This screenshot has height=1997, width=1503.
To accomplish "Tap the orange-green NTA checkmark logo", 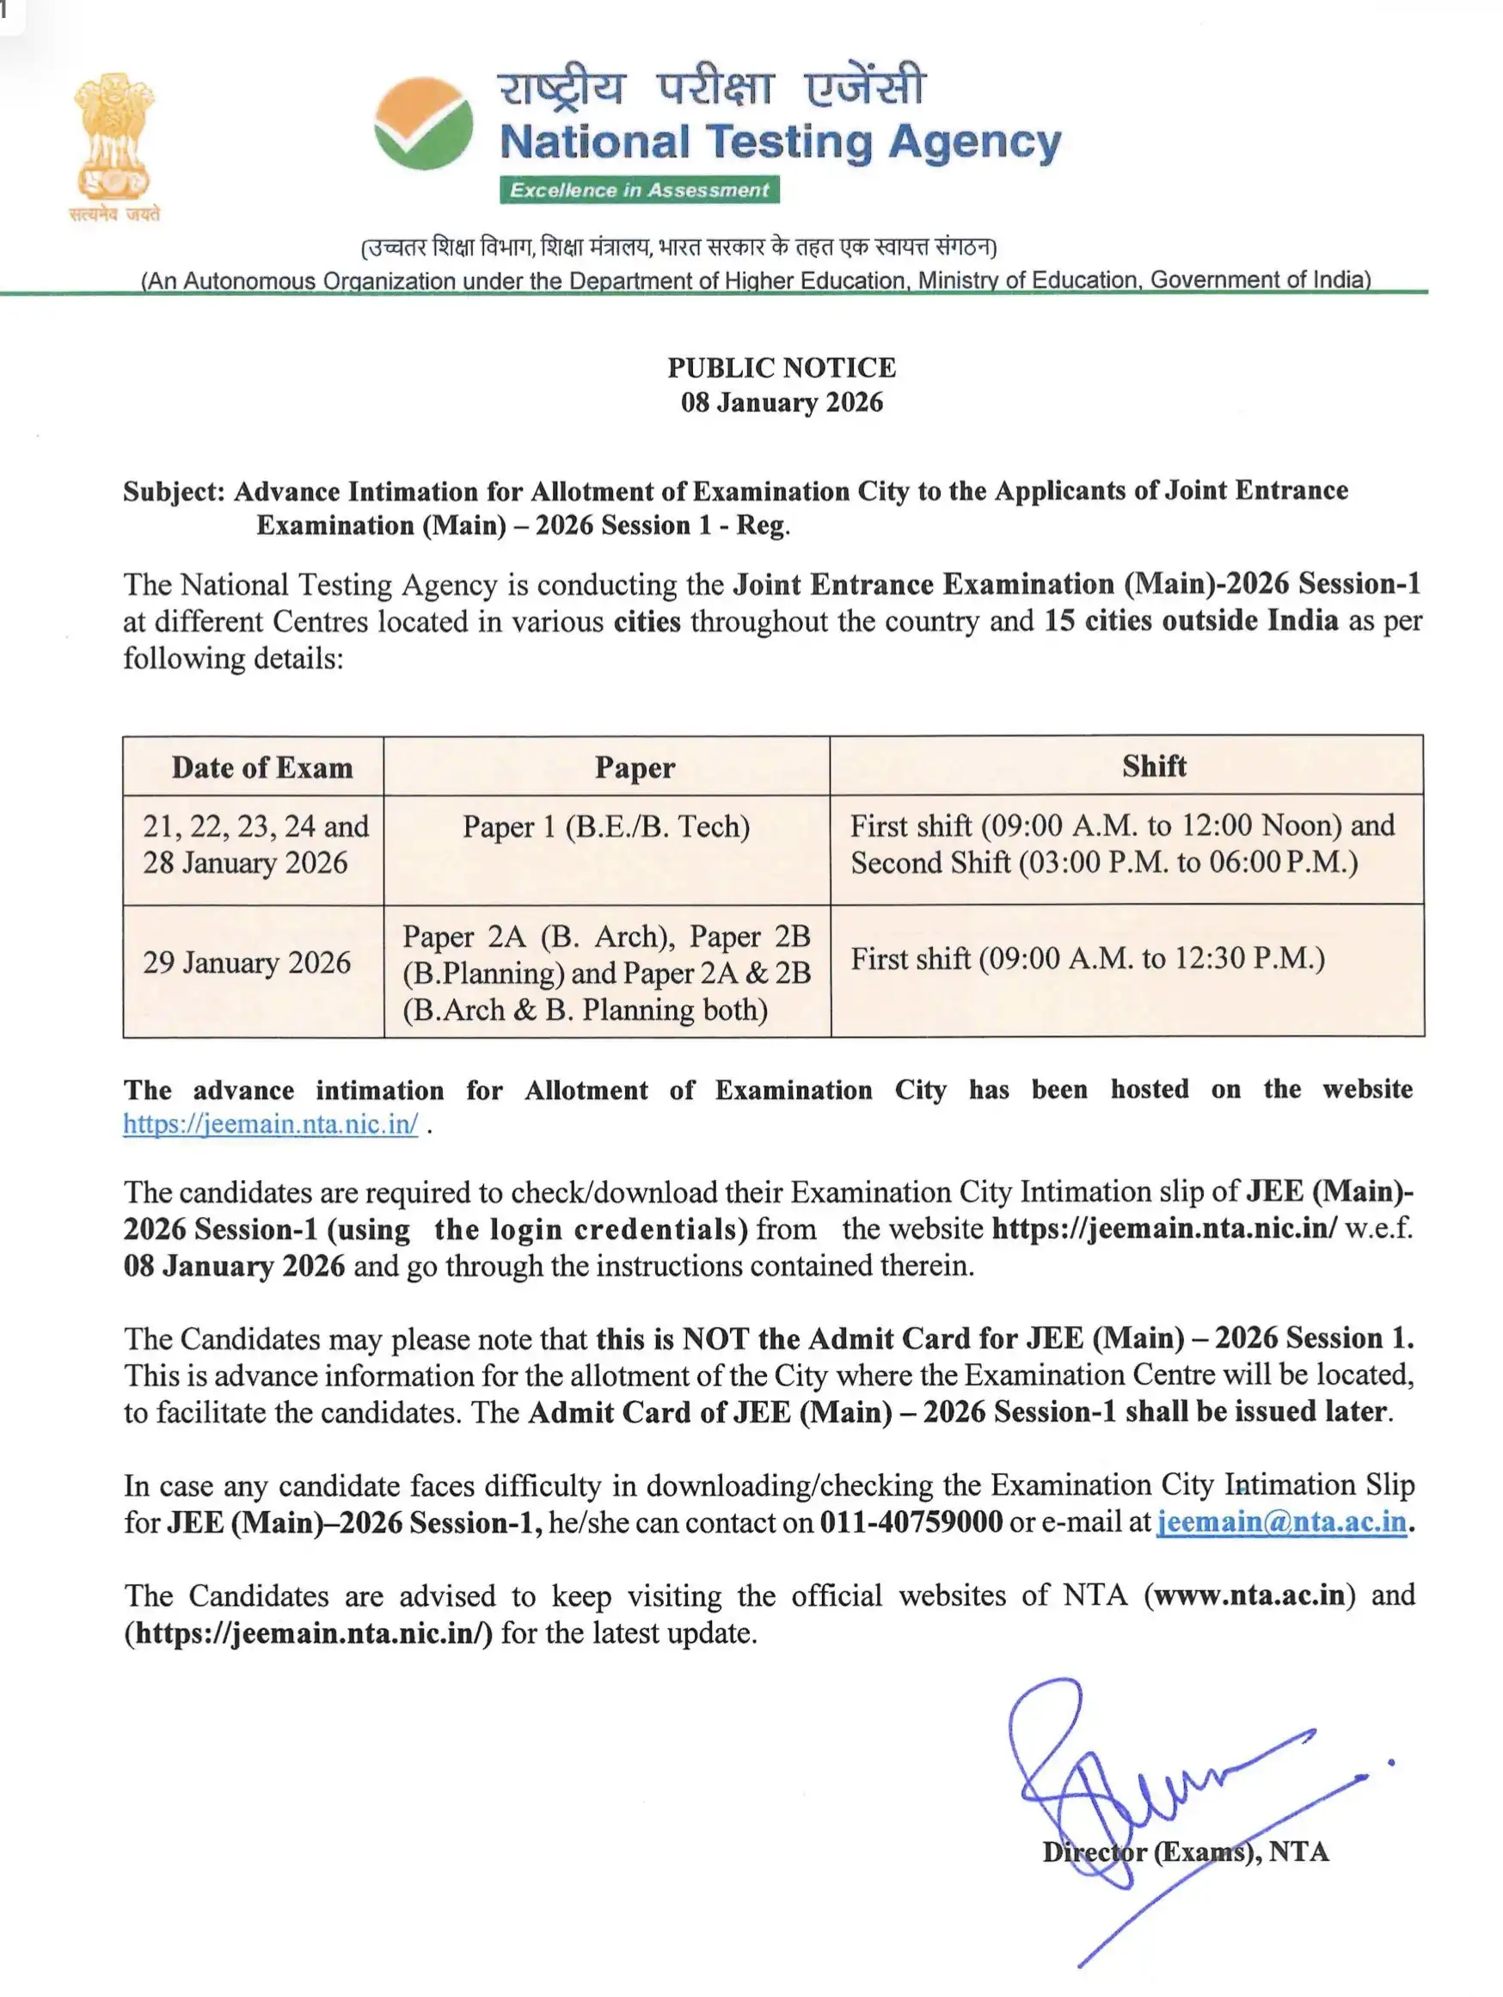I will tap(423, 124).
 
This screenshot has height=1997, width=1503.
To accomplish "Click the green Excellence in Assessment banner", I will tap(639, 189).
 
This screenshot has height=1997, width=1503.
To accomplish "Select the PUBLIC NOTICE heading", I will tap(781, 367).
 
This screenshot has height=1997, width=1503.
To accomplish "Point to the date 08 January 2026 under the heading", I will tap(781, 402).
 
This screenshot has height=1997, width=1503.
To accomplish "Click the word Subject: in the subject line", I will tap(174, 491).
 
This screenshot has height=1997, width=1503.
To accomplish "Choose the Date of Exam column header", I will tap(261, 767).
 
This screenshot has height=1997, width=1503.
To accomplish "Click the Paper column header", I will tap(635, 767).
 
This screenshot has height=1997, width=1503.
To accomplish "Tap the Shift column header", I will tap(1154, 765).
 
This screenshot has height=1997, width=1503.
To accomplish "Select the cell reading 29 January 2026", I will tap(247, 962).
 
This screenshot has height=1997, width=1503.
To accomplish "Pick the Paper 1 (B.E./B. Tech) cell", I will tap(605, 827).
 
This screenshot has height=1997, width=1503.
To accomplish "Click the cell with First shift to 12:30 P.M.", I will tap(1087, 958).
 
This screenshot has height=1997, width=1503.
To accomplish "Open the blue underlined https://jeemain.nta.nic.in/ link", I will tap(271, 1124).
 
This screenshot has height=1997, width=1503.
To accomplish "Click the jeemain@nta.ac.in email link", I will tap(1281, 1522).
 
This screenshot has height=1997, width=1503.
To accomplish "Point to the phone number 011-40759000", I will tap(910, 1522).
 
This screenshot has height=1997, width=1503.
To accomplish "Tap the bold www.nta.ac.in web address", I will tap(1249, 1595).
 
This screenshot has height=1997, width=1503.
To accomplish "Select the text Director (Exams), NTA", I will tap(1185, 1852).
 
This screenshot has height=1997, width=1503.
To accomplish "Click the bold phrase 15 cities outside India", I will tap(1191, 621).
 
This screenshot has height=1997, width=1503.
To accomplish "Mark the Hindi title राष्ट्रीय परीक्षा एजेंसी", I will tap(710, 88).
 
